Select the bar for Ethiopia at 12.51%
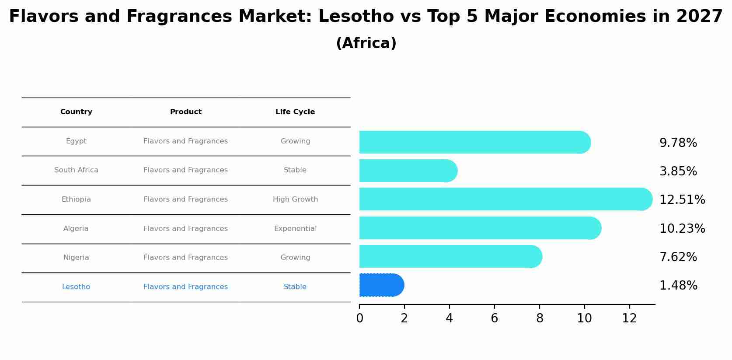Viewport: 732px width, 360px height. (505, 199)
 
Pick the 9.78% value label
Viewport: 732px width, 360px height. (678, 143)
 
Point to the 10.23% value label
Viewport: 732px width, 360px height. (682, 229)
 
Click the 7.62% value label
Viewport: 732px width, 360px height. (678, 257)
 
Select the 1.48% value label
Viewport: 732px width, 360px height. (678, 286)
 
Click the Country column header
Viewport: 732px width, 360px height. (76, 112)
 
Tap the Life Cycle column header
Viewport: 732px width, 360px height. (295, 112)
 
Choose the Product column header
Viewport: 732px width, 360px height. (186, 112)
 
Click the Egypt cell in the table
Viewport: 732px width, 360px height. (76, 141)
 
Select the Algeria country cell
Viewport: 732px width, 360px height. (76, 229)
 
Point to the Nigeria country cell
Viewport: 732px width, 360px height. (76, 258)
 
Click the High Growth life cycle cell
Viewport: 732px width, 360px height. (295, 199)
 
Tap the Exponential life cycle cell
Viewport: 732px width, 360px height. (295, 229)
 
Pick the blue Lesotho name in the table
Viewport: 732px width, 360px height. (76, 287)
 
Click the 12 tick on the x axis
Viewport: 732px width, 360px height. (629, 318)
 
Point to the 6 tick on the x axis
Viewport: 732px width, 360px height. (494, 318)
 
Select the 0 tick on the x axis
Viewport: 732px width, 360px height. (359, 318)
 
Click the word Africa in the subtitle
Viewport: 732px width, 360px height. (366, 43)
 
